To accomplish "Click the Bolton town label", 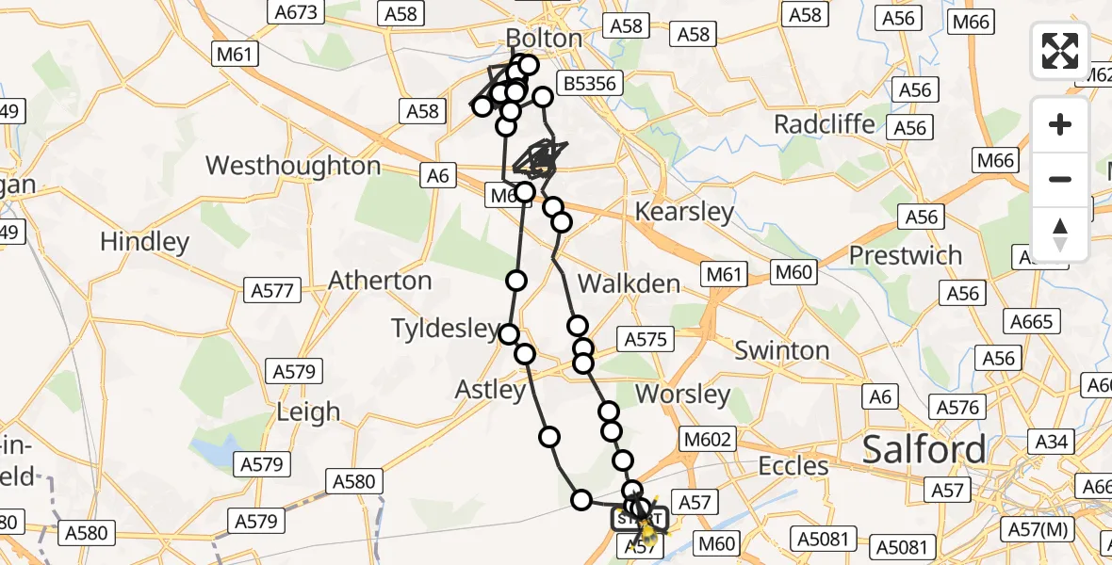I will pyautogui.click(x=544, y=38).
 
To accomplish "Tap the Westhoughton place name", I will pyautogui.click(x=293, y=166).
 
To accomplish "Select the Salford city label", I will pyautogui.click(x=924, y=449).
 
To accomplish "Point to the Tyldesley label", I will pyautogui.click(x=446, y=329).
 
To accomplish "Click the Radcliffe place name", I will pyautogui.click(x=824, y=124).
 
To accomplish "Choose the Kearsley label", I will pyautogui.click(x=684, y=212).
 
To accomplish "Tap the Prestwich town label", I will pyautogui.click(x=905, y=255).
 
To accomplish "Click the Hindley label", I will pyautogui.click(x=144, y=241).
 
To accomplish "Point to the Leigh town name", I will pyautogui.click(x=308, y=412).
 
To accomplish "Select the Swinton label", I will pyautogui.click(x=781, y=350).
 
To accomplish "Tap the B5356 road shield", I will pyautogui.click(x=590, y=84).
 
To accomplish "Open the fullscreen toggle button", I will pyautogui.click(x=1060, y=51).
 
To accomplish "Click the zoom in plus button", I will pyautogui.click(x=1060, y=125).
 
